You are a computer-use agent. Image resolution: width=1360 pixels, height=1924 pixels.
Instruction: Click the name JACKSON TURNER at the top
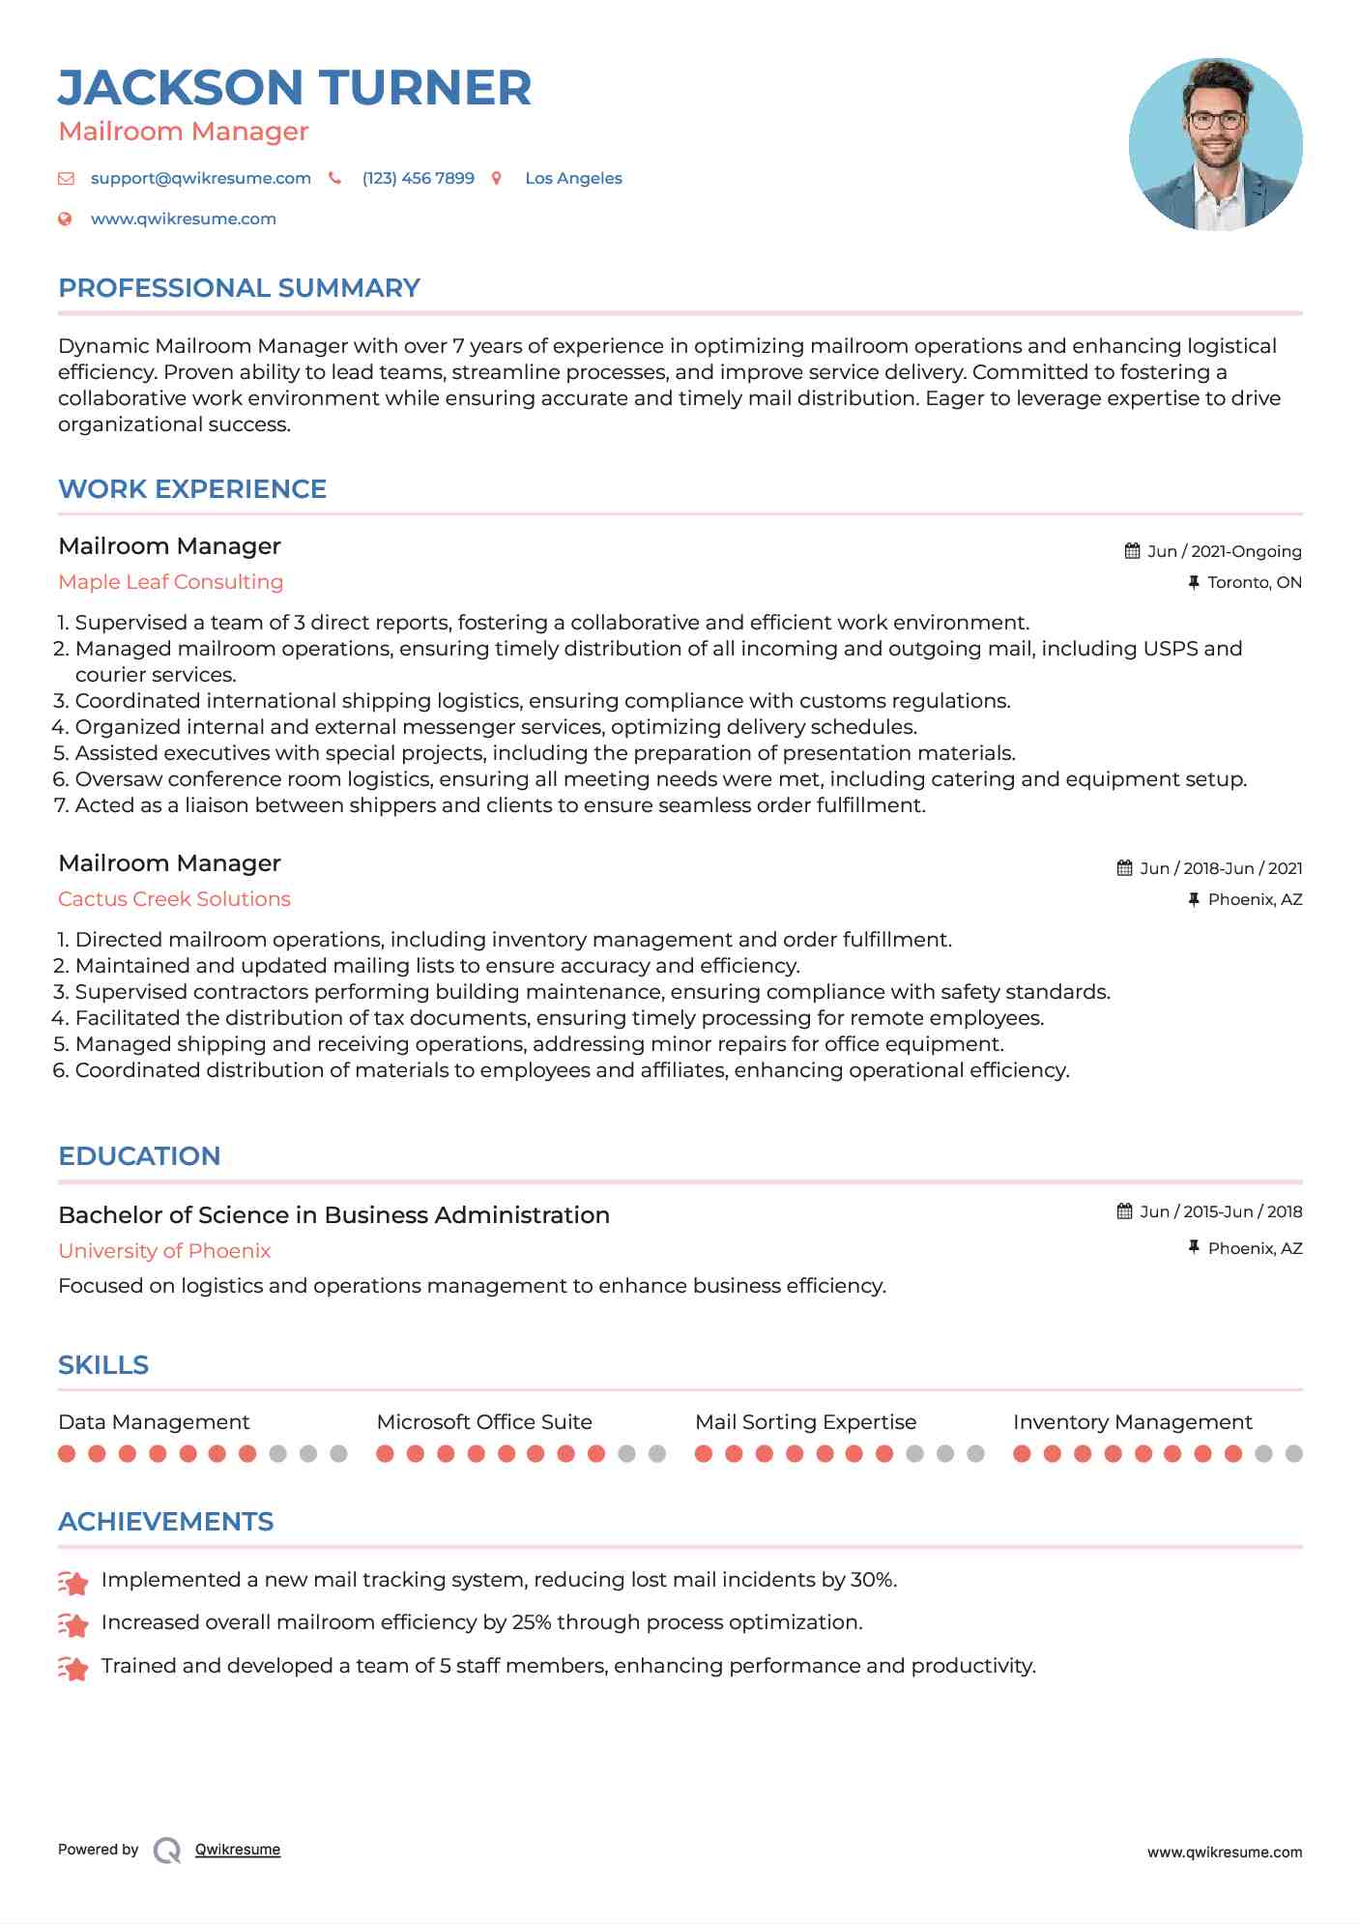click(x=295, y=88)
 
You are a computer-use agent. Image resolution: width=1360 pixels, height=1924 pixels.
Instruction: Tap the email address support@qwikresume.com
click(x=200, y=178)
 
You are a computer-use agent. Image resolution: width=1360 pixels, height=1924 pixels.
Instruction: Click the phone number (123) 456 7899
click(x=418, y=178)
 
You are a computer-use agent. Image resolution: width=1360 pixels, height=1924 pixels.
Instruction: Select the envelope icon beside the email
click(x=66, y=178)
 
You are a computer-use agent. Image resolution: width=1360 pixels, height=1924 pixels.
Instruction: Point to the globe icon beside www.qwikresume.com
click(x=65, y=219)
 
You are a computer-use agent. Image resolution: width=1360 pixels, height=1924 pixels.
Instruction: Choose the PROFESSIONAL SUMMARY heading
click(x=239, y=288)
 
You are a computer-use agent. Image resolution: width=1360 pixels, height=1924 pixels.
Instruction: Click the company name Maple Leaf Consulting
click(x=170, y=582)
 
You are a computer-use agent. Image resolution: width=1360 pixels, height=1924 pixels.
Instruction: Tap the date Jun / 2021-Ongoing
click(x=1224, y=551)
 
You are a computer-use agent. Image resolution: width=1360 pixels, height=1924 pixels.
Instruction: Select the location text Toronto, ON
click(x=1254, y=582)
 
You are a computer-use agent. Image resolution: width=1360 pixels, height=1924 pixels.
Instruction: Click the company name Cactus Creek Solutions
click(x=174, y=899)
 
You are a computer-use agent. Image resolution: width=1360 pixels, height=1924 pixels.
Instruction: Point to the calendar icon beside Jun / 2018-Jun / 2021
click(x=1124, y=868)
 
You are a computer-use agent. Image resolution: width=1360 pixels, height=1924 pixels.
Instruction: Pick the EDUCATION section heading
click(x=139, y=1156)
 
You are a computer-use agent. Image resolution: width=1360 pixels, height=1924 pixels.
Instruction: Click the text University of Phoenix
click(x=164, y=1251)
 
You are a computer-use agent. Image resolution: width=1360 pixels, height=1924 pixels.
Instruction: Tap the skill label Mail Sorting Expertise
click(x=805, y=1422)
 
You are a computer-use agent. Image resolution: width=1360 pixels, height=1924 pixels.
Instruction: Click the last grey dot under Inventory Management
click(x=1293, y=1453)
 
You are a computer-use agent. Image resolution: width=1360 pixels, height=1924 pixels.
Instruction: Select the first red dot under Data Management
click(x=67, y=1453)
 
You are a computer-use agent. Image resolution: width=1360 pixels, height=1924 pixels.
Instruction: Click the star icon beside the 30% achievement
click(x=73, y=1583)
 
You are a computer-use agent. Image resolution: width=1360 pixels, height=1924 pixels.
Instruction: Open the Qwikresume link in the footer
click(x=238, y=1850)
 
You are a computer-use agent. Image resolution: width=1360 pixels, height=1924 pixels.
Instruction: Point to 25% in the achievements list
click(x=531, y=1622)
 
